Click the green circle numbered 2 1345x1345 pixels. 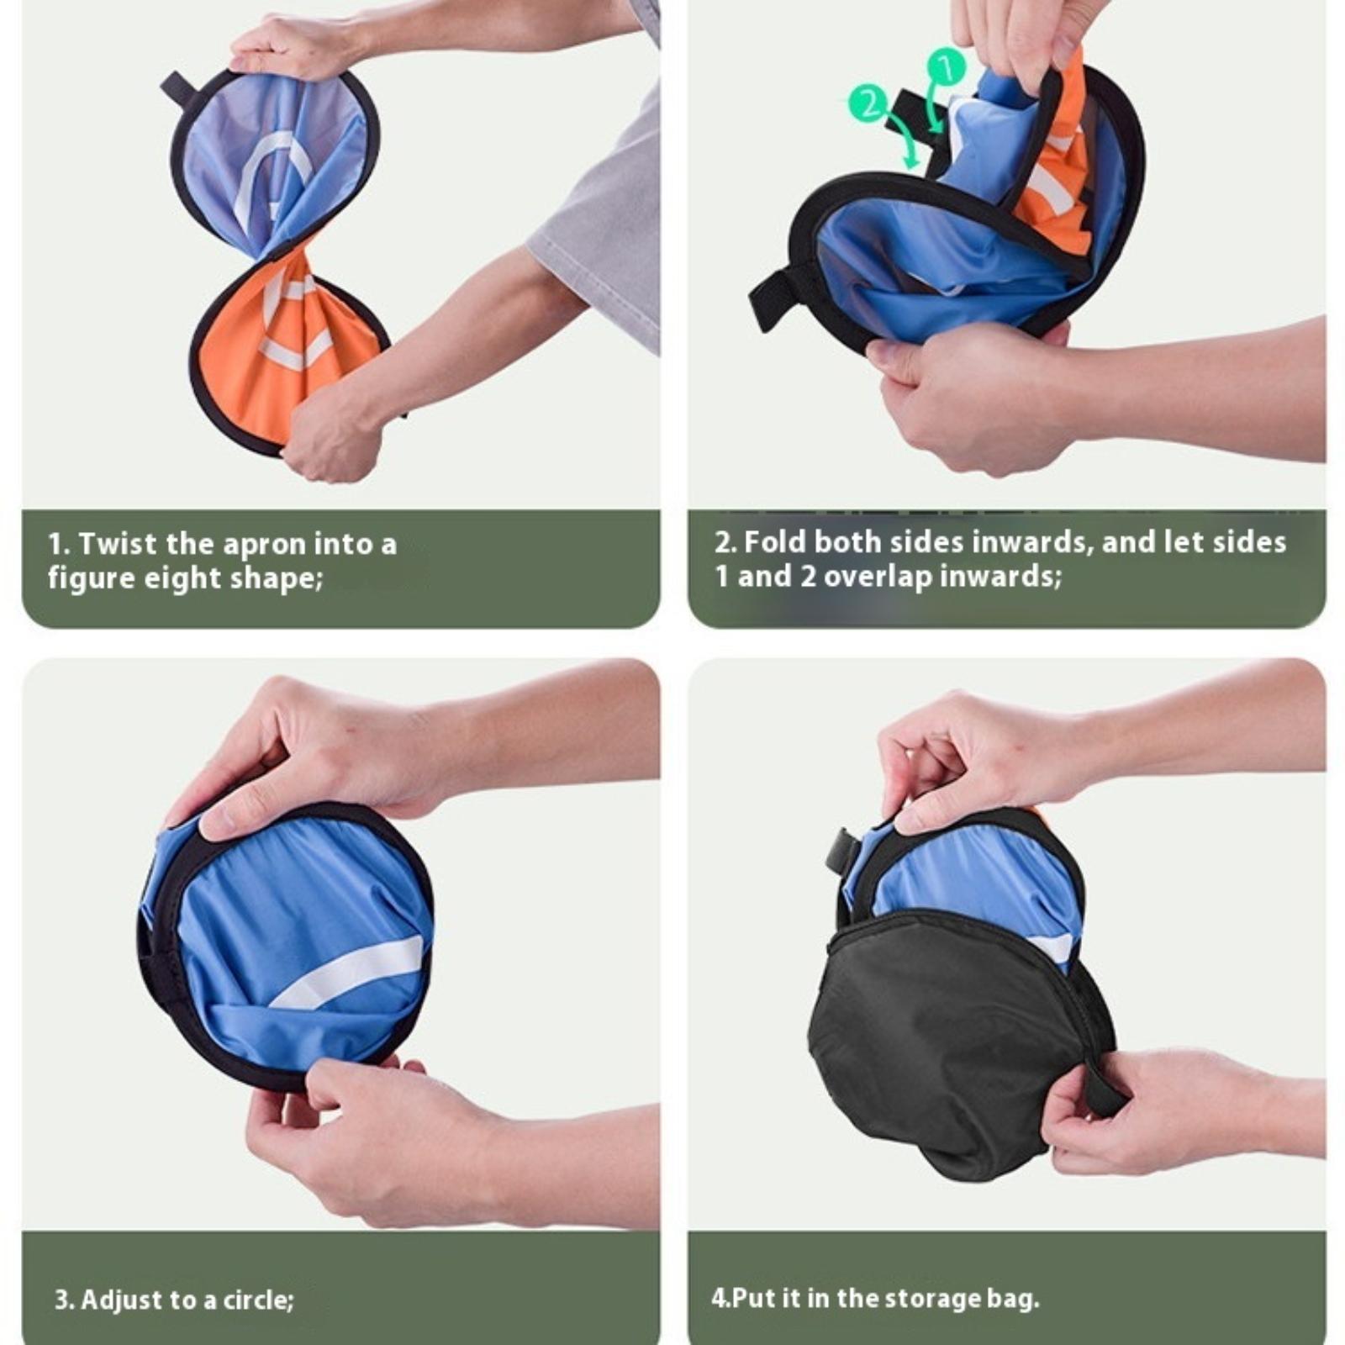tap(869, 105)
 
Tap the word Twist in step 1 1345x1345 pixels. tap(117, 544)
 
